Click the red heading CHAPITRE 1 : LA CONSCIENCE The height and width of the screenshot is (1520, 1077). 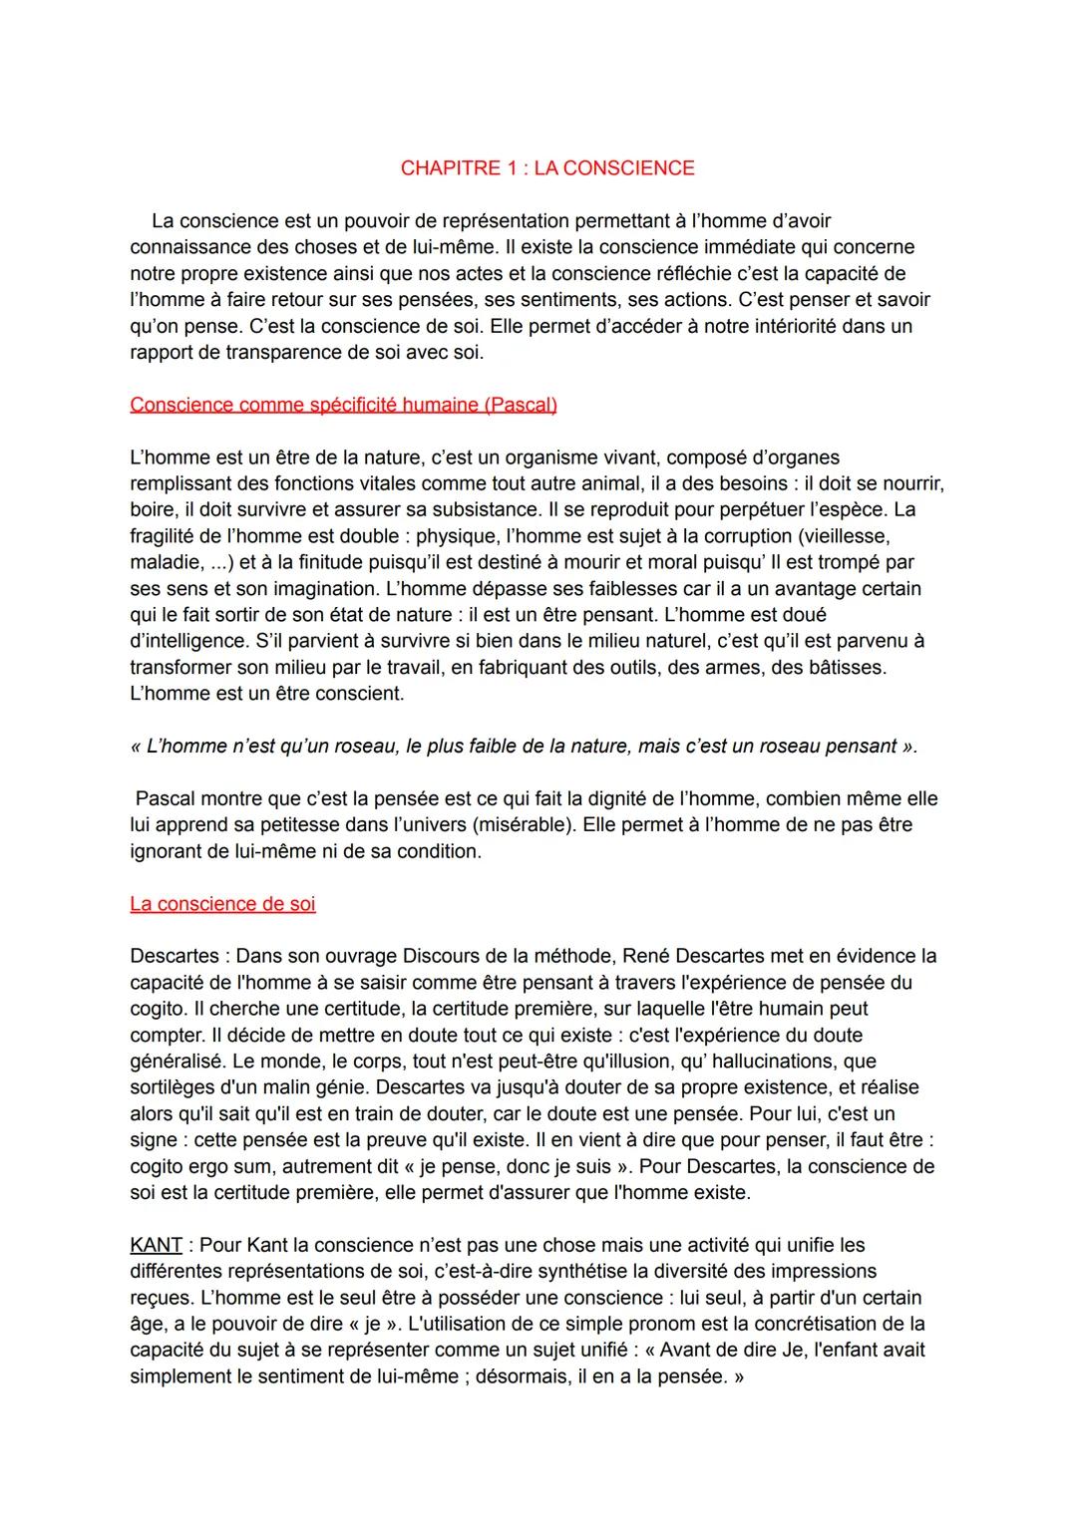pyautogui.click(x=547, y=168)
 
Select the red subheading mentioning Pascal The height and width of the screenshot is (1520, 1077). pyautogui.click(x=343, y=405)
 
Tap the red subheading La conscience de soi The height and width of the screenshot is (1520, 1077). pyautogui.click(x=222, y=904)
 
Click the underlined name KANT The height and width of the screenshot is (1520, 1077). pyautogui.click(x=157, y=1245)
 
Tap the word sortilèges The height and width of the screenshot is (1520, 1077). pyautogui.click(x=175, y=1087)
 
